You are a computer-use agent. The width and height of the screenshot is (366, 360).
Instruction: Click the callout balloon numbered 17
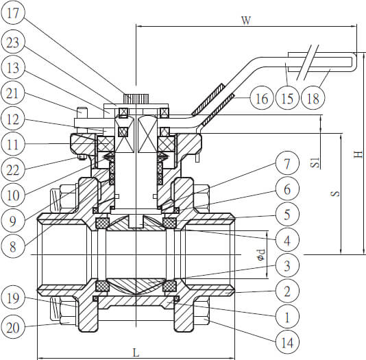click(x=12, y=12)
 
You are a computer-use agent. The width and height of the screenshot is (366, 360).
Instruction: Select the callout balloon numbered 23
click(x=12, y=43)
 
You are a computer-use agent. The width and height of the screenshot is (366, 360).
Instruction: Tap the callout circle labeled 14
click(x=287, y=342)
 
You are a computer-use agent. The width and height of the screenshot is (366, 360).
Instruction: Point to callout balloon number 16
click(x=262, y=98)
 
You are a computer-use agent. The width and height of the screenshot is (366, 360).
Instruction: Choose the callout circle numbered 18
click(x=313, y=98)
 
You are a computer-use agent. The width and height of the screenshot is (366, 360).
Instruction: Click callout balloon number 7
click(x=287, y=163)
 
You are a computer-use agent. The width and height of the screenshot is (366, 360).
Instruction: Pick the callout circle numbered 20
click(x=12, y=327)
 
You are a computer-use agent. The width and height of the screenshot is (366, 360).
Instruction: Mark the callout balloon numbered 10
click(x=12, y=195)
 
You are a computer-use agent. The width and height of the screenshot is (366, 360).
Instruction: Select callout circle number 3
click(x=287, y=265)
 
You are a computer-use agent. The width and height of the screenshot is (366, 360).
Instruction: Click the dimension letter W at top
click(x=246, y=21)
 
